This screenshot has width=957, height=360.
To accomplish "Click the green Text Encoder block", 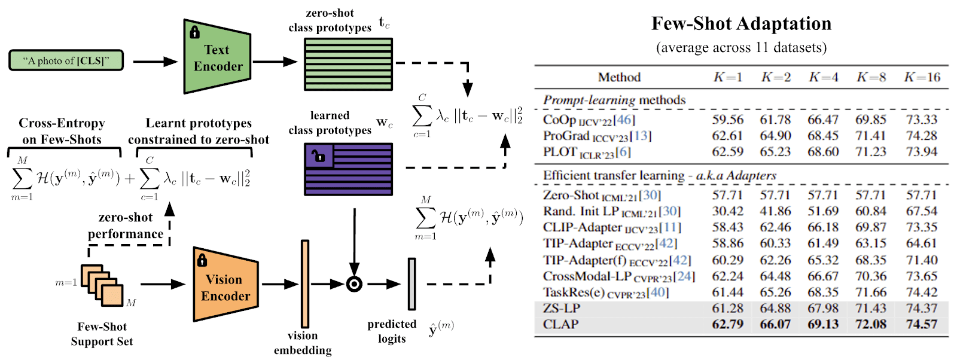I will pyautogui.click(x=217, y=57).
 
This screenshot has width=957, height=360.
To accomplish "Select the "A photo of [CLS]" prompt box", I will pyautogui.click(x=66, y=60).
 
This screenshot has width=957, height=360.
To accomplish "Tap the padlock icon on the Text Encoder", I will pyautogui.click(x=194, y=32).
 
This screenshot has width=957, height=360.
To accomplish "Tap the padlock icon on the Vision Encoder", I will pyautogui.click(x=202, y=260).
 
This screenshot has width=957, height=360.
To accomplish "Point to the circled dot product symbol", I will pyautogui.click(x=355, y=284).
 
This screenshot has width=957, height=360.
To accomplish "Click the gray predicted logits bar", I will pyautogui.click(x=412, y=284).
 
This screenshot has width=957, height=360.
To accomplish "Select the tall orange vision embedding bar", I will pyautogui.click(x=305, y=284).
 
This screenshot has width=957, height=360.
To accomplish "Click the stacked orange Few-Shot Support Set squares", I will pyautogui.click(x=102, y=285).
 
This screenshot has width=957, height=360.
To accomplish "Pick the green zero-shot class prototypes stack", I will pyautogui.click(x=348, y=64).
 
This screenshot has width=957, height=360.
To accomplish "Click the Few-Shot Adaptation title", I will pyautogui.click(x=741, y=23).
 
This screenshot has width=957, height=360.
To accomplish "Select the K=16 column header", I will pyautogui.click(x=922, y=77).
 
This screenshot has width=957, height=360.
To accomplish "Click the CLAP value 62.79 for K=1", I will pyautogui.click(x=727, y=324).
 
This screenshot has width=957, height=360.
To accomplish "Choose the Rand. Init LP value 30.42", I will pyautogui.click(x=727, y=211).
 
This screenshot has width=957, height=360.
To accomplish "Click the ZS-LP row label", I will pyautogui.click(x=561, y=308).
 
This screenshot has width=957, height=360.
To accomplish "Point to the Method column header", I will pyautogui.click(x=619, y=77).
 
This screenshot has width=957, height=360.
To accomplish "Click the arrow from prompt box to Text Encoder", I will pyautogui.click(x=155, y=61).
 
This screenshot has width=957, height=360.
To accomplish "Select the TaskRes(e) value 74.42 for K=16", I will pyautogui.click(x=922, y=292).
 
